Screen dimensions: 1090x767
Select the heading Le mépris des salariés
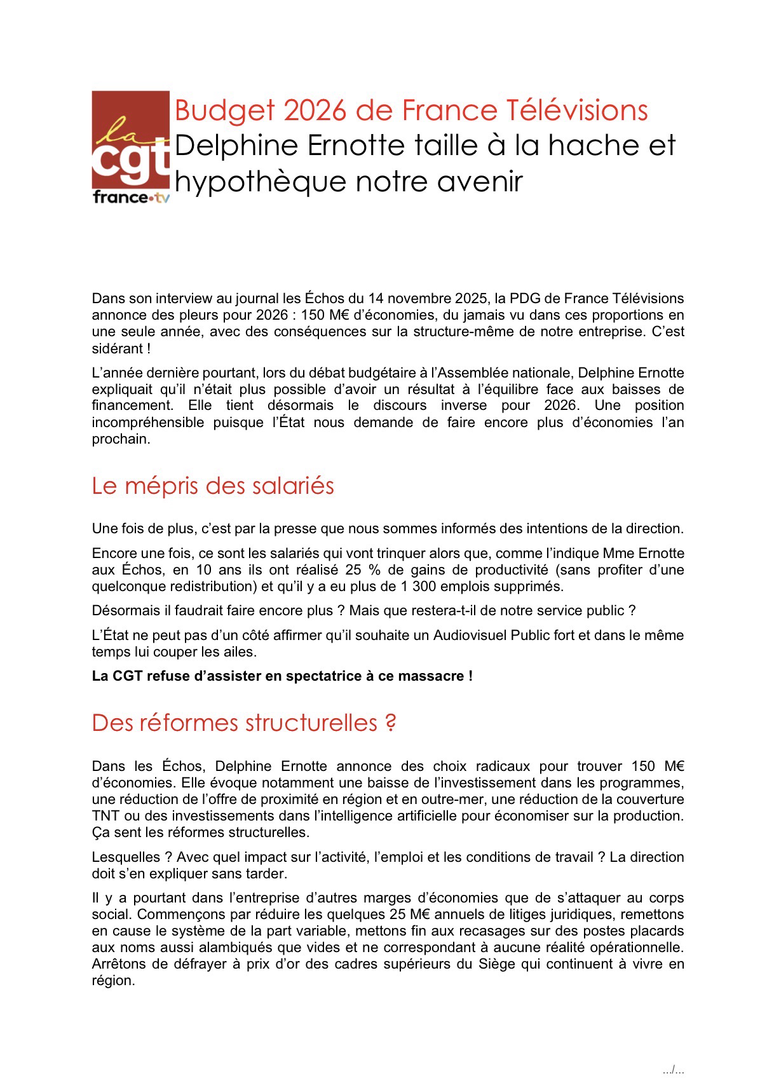point(213,486)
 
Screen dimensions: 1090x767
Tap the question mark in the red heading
point(390,723)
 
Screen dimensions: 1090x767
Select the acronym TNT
point(105,815)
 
